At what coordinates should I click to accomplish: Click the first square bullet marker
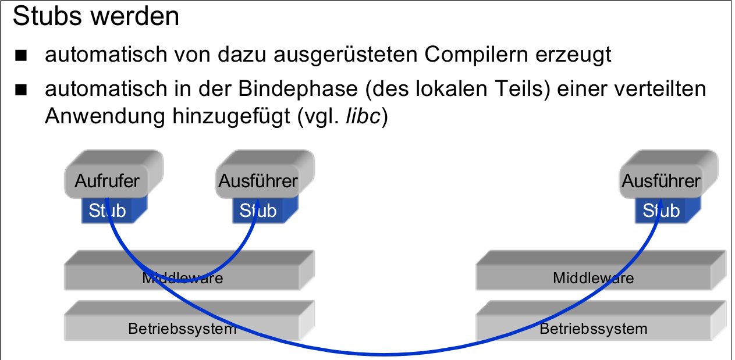[22, 56]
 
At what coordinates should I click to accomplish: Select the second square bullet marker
[22, 90]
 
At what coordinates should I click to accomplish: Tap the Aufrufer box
[108, 180]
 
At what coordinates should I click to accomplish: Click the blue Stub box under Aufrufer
[108, 211]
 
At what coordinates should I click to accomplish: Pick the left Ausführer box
[258, 180]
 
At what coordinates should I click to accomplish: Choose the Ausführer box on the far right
[661, 180]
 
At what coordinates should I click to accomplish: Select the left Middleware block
[183, 277]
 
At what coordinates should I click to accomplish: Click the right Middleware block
[594, 277]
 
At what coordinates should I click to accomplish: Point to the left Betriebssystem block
[183, 329]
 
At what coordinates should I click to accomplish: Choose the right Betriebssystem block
[594, 329]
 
